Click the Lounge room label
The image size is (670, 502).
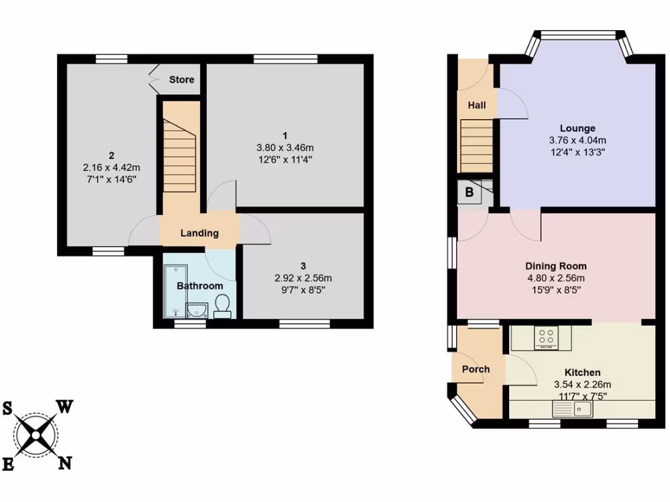[x=577, y=128]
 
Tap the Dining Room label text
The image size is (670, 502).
[x=556, y=266]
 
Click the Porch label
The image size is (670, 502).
[x=476, y=369]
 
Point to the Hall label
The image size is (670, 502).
[x=476, y=105]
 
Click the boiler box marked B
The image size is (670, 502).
[x=468, y=192]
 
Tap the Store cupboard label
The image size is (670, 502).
[x=181, y=80]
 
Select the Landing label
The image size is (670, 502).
[x=200, y=233]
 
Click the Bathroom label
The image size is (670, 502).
[x=200, y=286]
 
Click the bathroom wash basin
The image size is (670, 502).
[x=197, y=309]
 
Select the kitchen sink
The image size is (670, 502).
[x=573, y=410]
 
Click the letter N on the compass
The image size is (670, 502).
[x=65, y=463]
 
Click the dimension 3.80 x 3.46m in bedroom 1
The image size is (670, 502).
[x=286, y=148]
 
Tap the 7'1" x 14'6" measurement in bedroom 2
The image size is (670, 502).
[x=112, y=178]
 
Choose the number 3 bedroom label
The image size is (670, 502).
[x=303, y=265]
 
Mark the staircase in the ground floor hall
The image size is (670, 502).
[x=476, y=145]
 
